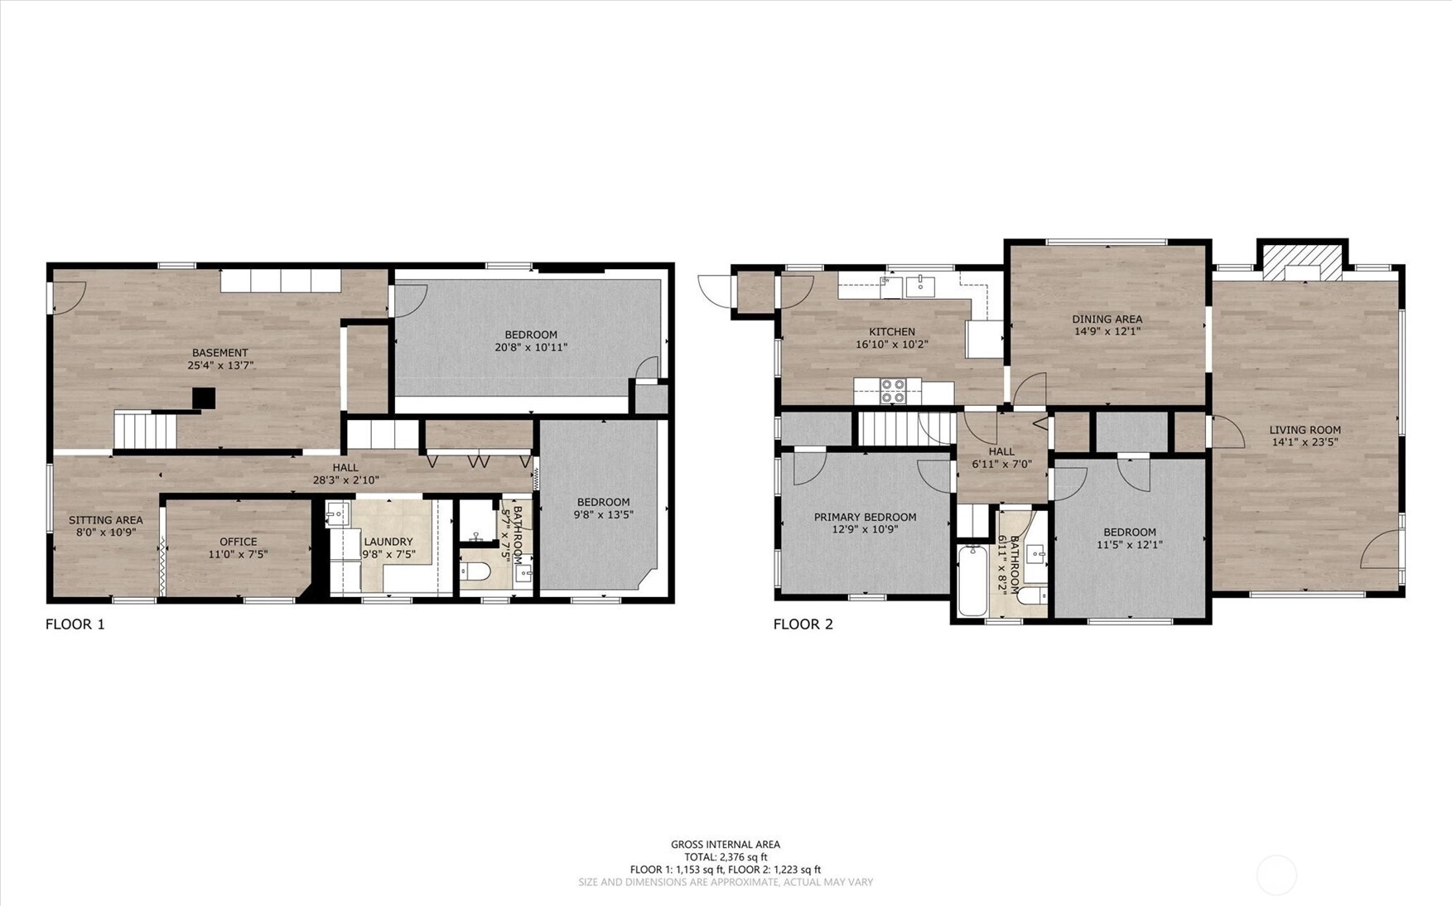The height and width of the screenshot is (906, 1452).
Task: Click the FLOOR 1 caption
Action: pyautogui.click(x=75, y=624)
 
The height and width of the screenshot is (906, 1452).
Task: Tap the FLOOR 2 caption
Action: pyautogui.click(x=803, y=624)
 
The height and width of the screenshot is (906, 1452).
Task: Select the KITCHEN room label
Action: pyautogui.click(x=892, y=332)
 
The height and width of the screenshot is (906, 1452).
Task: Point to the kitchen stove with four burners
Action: pyautogui.click(x=892, y=391)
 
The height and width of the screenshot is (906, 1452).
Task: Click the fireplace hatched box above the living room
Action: pyautogui.click(x=1302, y=262)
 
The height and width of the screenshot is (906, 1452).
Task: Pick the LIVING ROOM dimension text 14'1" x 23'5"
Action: pyautogui.click(x=1305, y=442)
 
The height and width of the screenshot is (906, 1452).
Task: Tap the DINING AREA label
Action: pyautogui.click(x=1107, y=319)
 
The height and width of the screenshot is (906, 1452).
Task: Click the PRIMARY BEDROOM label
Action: pyautogui.click(x=865, y=517)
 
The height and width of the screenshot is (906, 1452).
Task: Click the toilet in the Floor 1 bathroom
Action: pyautogui.click(x=476, y=571)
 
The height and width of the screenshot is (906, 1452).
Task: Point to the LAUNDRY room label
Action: pyautogui.click(x=388, y=542)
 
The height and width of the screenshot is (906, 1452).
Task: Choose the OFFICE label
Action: pyautogui.click(x=238, y=542)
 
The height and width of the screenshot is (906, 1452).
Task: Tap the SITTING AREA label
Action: pyautogui.click(x=106, y=520)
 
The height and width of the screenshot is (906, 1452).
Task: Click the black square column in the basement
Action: pyautogui.click(x=204, y=398)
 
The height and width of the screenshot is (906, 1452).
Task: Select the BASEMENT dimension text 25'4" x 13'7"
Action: pyautogui.click(x=219, y=364)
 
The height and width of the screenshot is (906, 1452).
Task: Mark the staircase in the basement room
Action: pyautogui.click(x=145, y=431)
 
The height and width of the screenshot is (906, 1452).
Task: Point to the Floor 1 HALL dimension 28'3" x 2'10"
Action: pyautogui.click(x=345, y=480)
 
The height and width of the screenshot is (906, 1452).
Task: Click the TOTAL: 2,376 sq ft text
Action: pyautogui.click(x=726, y=857)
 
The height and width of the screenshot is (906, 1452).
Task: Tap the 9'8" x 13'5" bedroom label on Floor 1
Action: pyautogui.click(x=603, y=514)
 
